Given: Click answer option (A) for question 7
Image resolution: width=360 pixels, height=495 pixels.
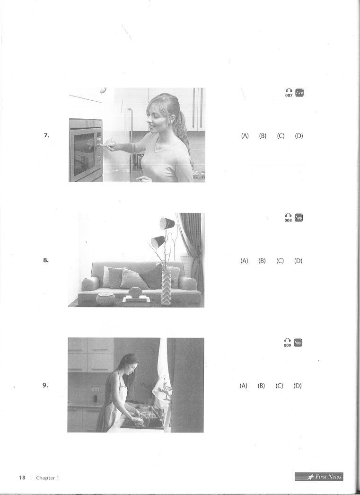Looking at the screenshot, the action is pyautogui.click(x=245, y=136).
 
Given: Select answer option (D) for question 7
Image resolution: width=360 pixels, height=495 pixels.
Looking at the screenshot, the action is pyautogui.click(x=299, y=136).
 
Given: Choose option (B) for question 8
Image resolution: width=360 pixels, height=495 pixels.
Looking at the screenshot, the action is pyautogui.click(x=262, y=261).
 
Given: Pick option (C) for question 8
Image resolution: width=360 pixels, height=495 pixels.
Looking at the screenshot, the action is pyautogui.click(x=280, y=261).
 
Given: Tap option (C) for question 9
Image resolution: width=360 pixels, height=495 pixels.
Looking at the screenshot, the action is pyautogui.click(x=279, y=386).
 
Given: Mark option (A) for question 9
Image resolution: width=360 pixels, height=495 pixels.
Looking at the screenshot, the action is pyautogui.click(x=243, y=386).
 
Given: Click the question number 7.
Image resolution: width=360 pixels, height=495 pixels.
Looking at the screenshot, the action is pyautogui.click(x=46, y=135).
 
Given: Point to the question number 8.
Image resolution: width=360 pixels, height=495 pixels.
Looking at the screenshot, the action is pyautogui.click(x=46, y=260).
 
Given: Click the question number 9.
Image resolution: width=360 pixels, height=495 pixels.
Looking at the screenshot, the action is pyautogui.click(x=45, y=385).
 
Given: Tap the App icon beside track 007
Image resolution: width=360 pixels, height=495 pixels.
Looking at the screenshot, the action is pyautogui.click(x=299, y=92).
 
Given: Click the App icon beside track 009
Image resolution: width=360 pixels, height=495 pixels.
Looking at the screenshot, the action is pyautogui.click(x=298, y=343).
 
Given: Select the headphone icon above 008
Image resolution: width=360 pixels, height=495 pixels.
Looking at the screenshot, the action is pyautogui.click(x=288, y=216).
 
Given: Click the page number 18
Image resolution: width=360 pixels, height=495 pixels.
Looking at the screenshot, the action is pyautogui.click(x=22, y=477).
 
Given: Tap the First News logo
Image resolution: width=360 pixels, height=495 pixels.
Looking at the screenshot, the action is pyautogui.click(x=319, y=477).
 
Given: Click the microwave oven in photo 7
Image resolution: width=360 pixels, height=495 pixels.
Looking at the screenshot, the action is pyautogui.click(x=86, y=150).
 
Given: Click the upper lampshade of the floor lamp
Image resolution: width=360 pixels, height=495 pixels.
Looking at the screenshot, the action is pyautogui.click(x=167, y=223).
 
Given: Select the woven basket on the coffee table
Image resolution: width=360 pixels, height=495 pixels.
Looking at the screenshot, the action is pyautogui.click(x=105, y=299).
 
